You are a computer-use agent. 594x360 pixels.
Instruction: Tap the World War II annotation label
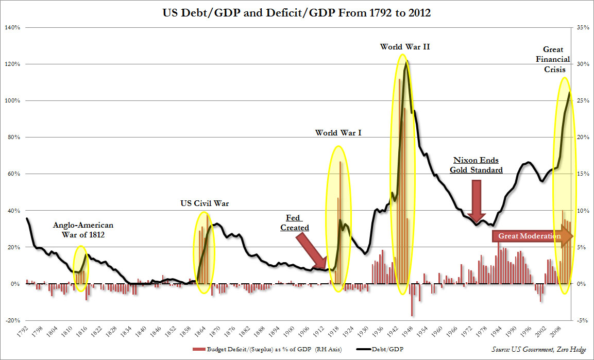405,47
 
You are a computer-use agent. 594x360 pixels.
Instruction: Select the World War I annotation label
338,133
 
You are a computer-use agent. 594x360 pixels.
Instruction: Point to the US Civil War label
205,203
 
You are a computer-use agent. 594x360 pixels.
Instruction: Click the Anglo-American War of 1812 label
83,230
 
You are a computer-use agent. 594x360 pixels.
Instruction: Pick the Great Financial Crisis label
556,59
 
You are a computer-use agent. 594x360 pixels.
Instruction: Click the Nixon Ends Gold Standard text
476,165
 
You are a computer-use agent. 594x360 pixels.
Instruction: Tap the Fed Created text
295,223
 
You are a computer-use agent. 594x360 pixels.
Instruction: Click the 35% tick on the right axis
583,27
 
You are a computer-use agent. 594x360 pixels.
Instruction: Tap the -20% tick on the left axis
12,320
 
